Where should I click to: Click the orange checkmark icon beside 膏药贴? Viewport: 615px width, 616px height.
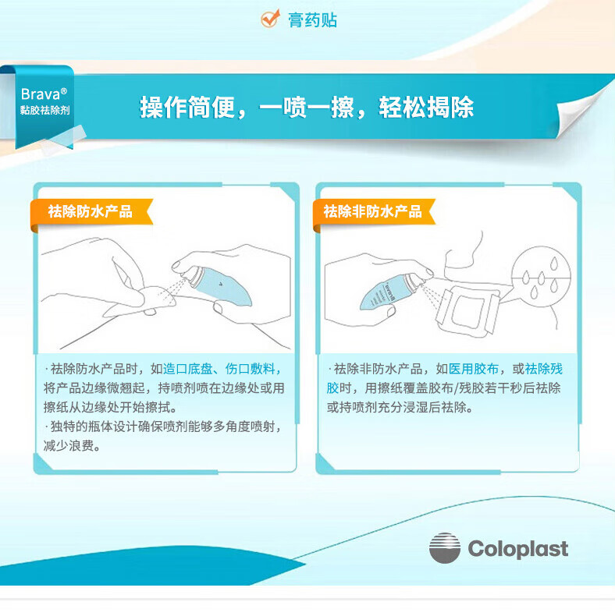(271, 19)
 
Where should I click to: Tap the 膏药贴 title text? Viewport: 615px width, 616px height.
(313, 20)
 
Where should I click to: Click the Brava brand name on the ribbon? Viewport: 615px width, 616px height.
(44, 94)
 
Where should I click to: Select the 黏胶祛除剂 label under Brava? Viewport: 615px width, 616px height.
(44, 110)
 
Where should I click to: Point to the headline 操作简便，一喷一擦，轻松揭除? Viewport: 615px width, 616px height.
(307, 107)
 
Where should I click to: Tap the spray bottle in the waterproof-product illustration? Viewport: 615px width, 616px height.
(218, 284)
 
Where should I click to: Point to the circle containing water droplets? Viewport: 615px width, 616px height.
(541, 275)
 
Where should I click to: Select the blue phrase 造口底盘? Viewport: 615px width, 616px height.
(188, 369)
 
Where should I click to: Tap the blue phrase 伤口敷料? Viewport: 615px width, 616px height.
(250, 369)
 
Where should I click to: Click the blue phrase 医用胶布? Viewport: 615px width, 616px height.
(474, 369)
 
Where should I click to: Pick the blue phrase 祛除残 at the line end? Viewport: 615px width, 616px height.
(543, 369)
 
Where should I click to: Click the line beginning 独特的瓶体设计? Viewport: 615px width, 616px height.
(163, 427)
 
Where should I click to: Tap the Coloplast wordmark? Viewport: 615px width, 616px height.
(518, 548)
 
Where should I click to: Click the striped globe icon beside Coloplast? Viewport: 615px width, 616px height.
(445, 548)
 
